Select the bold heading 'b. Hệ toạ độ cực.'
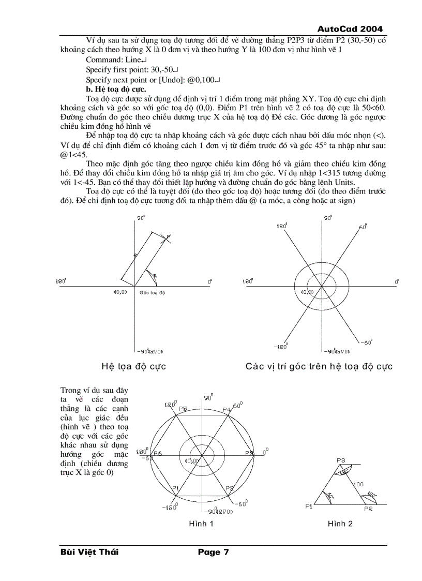tap(116, 89)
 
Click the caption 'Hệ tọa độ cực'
tap(134, 366)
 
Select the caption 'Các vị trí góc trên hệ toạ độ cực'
tap(319, 366)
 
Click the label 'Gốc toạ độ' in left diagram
tap(152, 293)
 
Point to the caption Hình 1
tap(201, 524)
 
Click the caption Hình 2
tap(340, 524)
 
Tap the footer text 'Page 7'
tap(213, 552)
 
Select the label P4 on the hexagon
tap(226, 409)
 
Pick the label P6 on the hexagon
tap(157, 453)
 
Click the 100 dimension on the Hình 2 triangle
tap(358, 484)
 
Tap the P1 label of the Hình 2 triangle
tap(309, 506)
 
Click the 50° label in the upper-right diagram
tap(363, 227)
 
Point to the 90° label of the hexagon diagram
tap(208, 397)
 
